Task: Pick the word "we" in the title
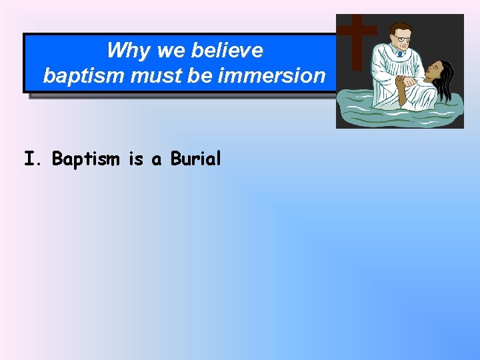169,50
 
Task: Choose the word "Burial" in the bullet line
195,159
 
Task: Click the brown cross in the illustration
357,40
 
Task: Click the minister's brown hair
399,28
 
